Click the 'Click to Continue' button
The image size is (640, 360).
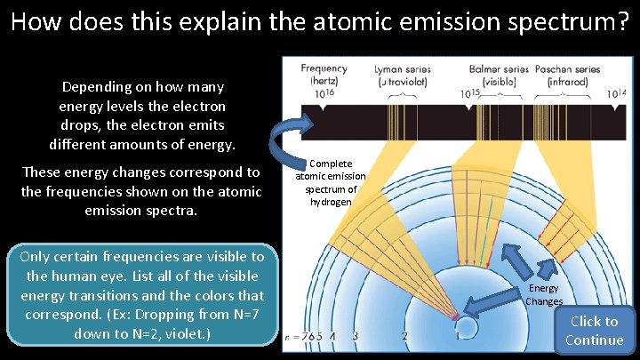[x=594, y=331]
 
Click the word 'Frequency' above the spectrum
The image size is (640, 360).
[x=324, y=68]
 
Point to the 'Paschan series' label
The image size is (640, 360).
[x=568, y=68]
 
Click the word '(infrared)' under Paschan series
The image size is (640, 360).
[x=567, y=81]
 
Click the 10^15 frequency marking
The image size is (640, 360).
[x=471, y=93]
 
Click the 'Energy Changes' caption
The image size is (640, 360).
[x=544, y=294]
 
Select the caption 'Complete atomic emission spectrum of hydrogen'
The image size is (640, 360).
[x=330, y=183]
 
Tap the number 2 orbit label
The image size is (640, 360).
[x=404, y=337]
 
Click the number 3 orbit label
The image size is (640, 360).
[x=355, y=337]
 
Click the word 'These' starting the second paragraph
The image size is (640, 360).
[x=43, y=172]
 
